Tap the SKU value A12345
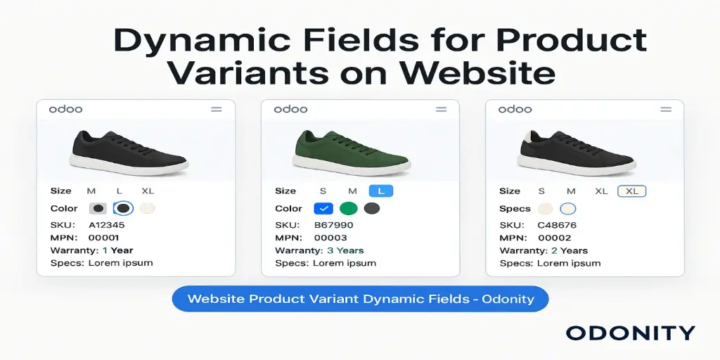pos(105,225)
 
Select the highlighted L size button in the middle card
pos(381,191)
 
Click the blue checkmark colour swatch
pos(323,208)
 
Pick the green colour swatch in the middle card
pos(348,208)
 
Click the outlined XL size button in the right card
pos(631,191)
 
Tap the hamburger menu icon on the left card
pos(216,109)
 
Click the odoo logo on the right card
pos(515,109)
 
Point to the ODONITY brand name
pos(630,333)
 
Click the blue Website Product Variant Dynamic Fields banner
pos(360,299)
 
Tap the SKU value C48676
pos(557,225)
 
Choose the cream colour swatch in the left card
pos(147,208)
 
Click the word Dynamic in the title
pos(181,41)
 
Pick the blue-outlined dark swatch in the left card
pos(123,208)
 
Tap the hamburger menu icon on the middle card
pos(441,109)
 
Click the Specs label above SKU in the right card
pos(515,208)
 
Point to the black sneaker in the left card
pos(129,150)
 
